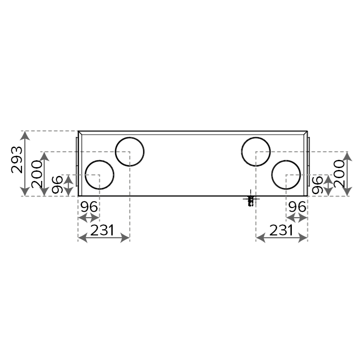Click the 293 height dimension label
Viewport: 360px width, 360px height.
point(17,159)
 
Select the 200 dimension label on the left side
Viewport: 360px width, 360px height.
point(37,174)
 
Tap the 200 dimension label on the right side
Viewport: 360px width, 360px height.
point(339,174)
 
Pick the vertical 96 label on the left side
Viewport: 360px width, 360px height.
point(57,185)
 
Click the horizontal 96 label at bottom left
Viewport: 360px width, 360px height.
point(89,207)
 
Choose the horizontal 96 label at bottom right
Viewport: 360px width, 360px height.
point(297,207)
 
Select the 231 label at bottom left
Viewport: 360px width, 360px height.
point(102,230)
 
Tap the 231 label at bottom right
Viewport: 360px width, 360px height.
point(281,230)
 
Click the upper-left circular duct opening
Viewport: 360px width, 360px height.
point(130,137)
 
